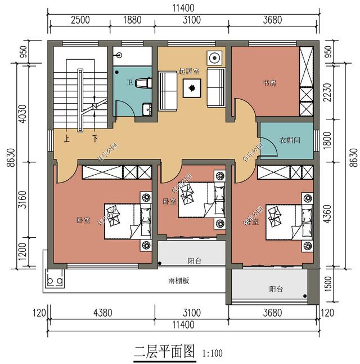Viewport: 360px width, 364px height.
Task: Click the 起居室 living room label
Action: tap(189, 71)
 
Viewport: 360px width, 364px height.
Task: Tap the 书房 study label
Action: tap(269, 83)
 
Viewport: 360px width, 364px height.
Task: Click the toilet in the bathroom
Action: tap(143, 83)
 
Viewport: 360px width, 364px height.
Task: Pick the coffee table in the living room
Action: tap(192, 88)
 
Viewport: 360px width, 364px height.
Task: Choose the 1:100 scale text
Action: tap(211, 354)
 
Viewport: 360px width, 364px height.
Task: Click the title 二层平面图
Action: tap(164, 353)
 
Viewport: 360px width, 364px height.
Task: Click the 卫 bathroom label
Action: tap(129, 83)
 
